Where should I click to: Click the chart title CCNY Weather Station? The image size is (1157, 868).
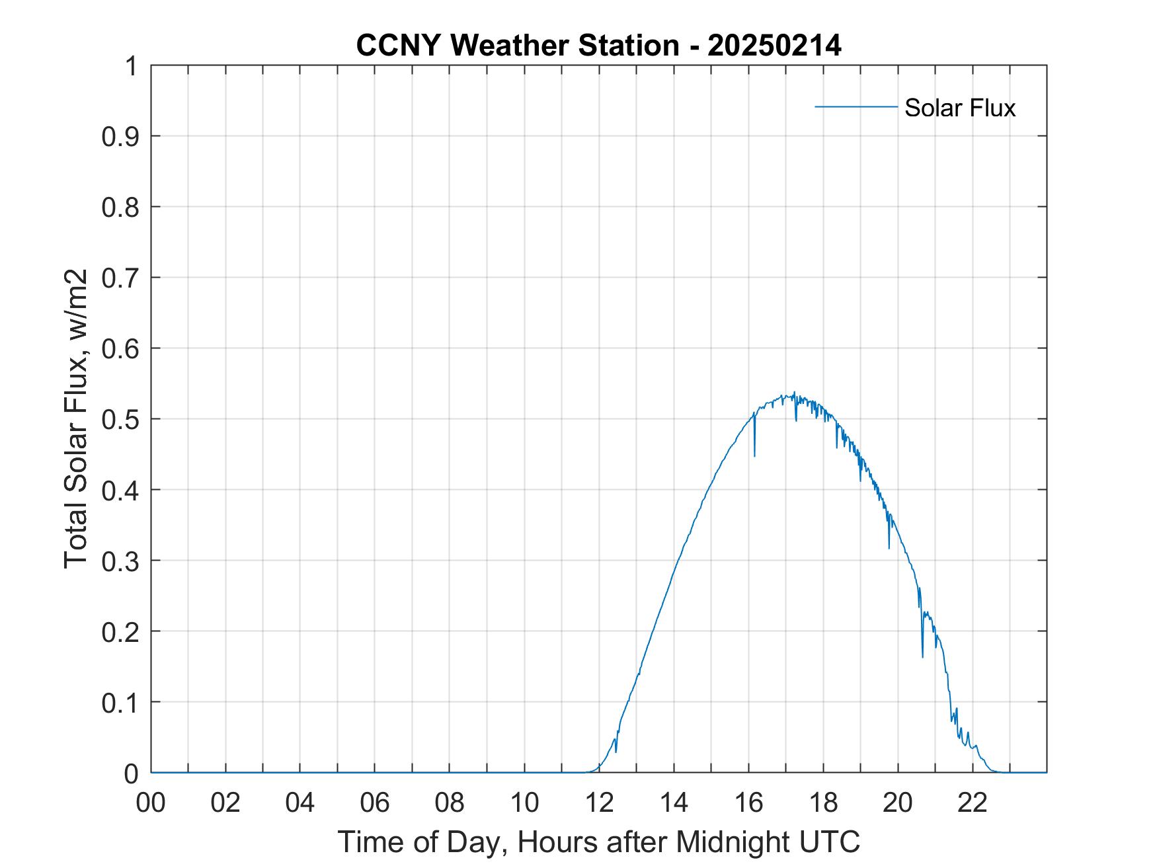pyautogui.click(x=517, y=46)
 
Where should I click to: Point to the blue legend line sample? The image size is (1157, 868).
pyautogui.click(x=856, y=106)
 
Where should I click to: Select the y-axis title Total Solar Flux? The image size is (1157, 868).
pyautogui.click(x=76, y=418)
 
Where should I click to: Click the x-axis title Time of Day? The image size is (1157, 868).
pyautogui.click(x=598, y=842)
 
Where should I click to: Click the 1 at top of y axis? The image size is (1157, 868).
pyautogui.click(x=132, y=66)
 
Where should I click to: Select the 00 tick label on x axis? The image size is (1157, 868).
pyautogui.click(x=151, y=803)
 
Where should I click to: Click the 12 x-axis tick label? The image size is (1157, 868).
pyautogui.click(x=599, y=803)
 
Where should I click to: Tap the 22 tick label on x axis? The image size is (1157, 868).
pyautogui.click(x=973, y=803)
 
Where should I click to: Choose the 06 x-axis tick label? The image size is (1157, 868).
pyautogui.click(x=375, y=803)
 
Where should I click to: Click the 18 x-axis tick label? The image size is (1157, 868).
pyautogui.click(x=823, y=803)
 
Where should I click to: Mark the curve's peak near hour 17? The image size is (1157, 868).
pyautogui.click(x=793, y=392)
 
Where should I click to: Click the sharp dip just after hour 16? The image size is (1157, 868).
pyautogui.click(x=754, y=455)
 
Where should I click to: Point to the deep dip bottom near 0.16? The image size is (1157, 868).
pyautogui.click(x=922, y=656)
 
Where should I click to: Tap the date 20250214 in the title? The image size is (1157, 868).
pyautogui.click(x=774, y=46)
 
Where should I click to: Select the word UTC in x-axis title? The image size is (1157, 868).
pyautogui.click(x=830, y=842)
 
